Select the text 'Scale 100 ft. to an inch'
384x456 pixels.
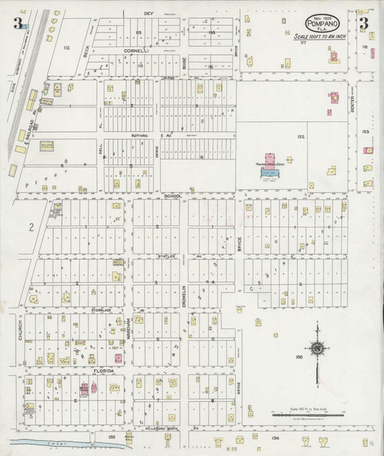(322, 36)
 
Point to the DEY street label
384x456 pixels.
(149, 14)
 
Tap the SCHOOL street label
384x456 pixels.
(173, 196)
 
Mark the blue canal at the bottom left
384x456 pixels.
(43, 441)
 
